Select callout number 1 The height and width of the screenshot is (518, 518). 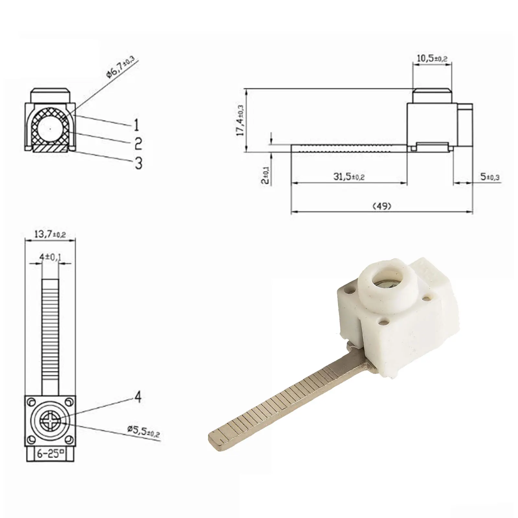(x=137, y=125)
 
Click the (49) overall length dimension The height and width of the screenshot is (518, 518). (x=382, y=206)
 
